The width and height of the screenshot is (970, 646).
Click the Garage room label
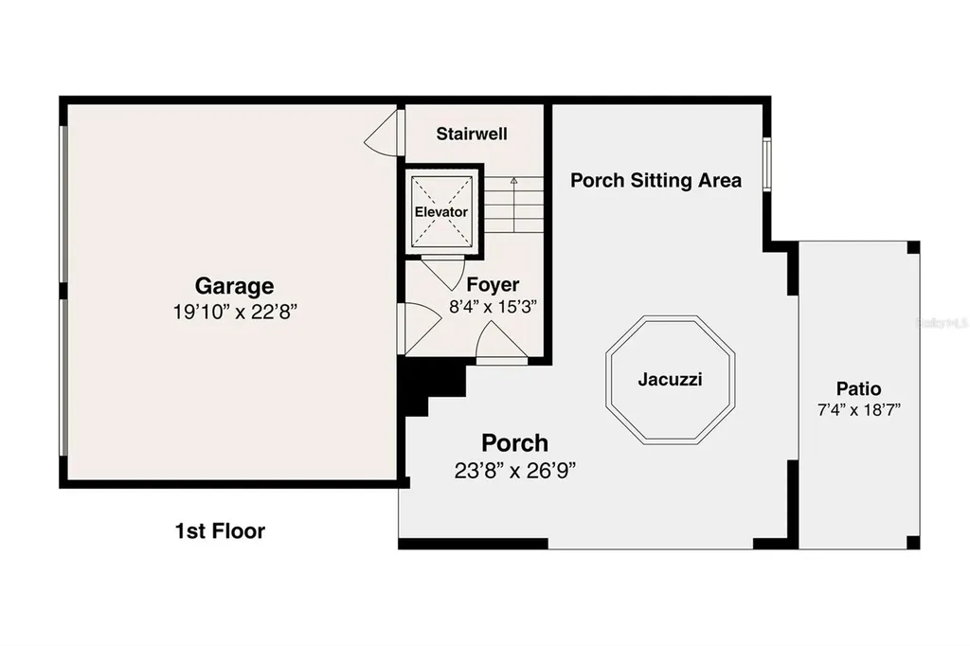click(234, 285)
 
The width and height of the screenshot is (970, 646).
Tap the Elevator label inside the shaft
click(441, 212)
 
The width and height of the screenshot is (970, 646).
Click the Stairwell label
click(472, 135)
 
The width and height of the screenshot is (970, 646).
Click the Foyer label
click(493, 284)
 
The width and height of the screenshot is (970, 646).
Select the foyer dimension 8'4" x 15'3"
click(492, 306)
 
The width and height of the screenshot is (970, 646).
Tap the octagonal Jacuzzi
click(670, 380)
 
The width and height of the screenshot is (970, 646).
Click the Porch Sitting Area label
click(656, 180)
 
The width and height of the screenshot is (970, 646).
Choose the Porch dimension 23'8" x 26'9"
click(514, 470)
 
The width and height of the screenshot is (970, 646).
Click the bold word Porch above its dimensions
click(514, 442)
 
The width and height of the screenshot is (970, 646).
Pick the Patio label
click(858, 388)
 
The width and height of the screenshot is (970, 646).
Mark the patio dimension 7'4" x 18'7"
click(858, 409)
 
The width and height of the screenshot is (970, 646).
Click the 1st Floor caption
click(221, 531)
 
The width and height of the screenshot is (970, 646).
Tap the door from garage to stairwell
click(382, 136)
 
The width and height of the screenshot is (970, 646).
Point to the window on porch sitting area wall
click(766, 165)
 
